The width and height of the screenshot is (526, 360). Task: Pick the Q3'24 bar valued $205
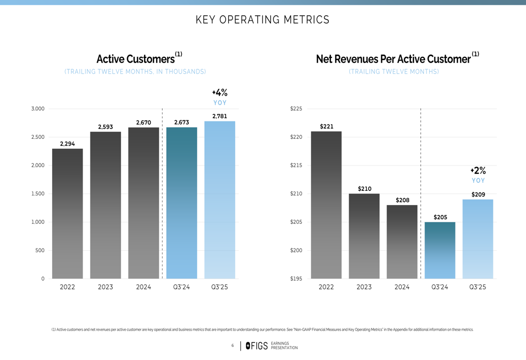tap(440, 250)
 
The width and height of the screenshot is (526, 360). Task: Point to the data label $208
tap(402, 200)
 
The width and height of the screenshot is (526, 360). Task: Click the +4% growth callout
tap(219, 93)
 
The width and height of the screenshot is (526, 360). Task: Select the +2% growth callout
tap(478, 171)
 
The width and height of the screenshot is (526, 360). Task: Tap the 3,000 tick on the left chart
tap(37, 109)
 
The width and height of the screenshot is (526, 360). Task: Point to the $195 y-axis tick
tap(296, 279)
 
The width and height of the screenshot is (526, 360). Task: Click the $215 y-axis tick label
tap(296, 166)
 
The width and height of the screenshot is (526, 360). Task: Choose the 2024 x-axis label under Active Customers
tap(144, 287)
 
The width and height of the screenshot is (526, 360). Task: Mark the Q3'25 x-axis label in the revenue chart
tap(478, 287)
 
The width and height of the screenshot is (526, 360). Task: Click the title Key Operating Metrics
tap(262, 20)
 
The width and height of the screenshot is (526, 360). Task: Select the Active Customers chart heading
tap(136, 59)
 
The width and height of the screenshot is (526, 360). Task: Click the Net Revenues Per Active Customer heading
tap(393, 59)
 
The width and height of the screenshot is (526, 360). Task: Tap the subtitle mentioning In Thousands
tap(135, 71)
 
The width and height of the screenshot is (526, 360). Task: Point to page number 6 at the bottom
tap(232, 345)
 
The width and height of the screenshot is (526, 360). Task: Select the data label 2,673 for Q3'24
tap(181, 122)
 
